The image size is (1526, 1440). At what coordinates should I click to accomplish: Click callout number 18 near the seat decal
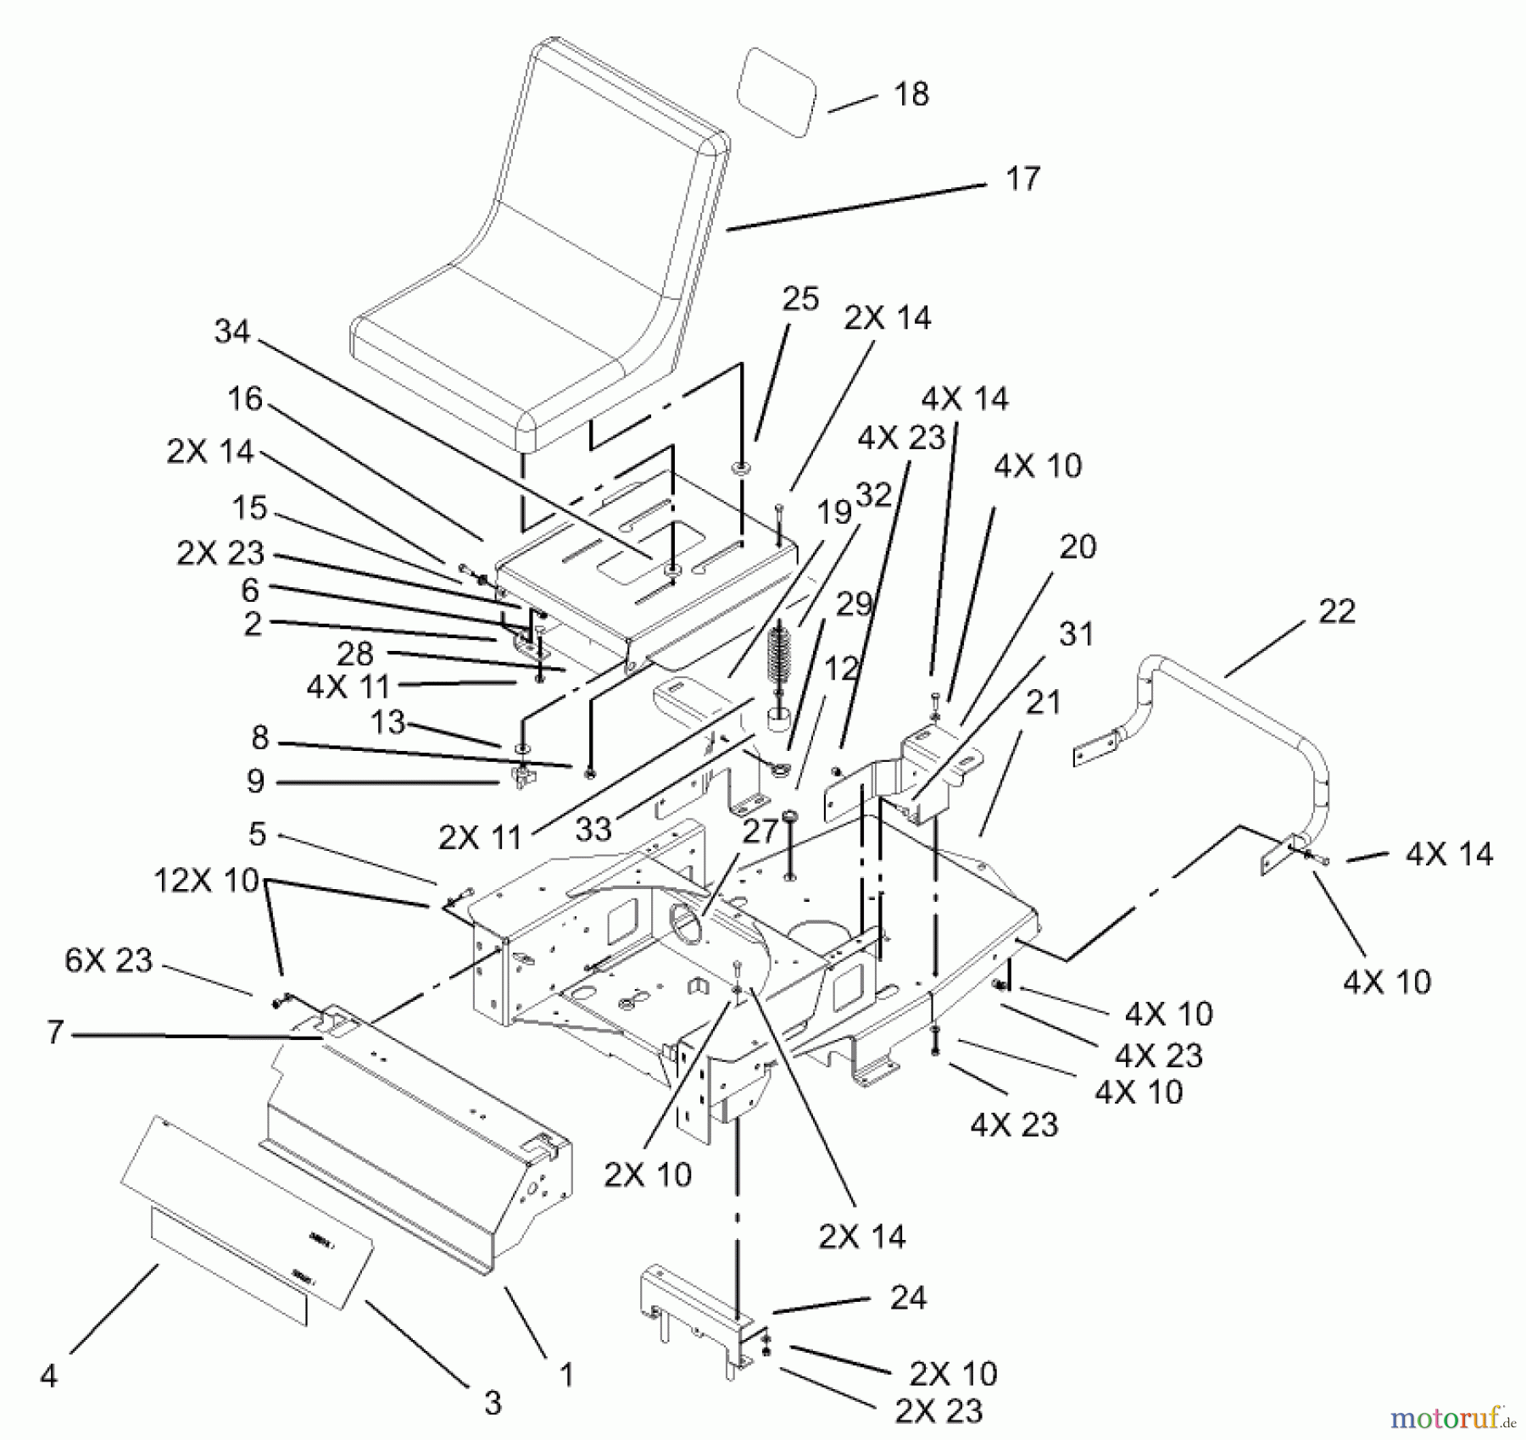pyautogui.click(x=911, y=94)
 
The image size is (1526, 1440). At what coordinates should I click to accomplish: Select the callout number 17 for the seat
pyautogui.click(x=1022, y=179)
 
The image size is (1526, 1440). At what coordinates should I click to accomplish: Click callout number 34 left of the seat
pyautogui.click(x=232, y=331)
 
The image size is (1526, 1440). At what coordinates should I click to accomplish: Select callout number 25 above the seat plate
pyautogui.click(x=800, y=299)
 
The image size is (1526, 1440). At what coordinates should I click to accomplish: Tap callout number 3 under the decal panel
pyautogui.click(x=493, y=1402)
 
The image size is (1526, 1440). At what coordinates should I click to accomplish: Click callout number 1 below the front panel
pyautogui.click(x=566, y=1374)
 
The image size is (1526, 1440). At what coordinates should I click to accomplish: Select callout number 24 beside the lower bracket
pyautogui.click(x=908, y=1298)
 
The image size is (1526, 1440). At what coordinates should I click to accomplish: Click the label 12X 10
pyautogui.click(x=206, y=881)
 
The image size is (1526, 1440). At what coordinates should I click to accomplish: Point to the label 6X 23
pyautogui.click(x=108, y=960)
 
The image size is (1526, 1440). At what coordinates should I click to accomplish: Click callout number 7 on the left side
pyautogui.click(x=55, y=1032)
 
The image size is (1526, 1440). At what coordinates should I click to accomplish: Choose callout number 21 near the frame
pyautogui.click(x=1043, y=703)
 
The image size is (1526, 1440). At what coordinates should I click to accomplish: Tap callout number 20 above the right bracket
pyautogui.click(x=1077, y=548)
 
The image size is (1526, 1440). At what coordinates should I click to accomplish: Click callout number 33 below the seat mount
pyautogui.click(x=593, y=829)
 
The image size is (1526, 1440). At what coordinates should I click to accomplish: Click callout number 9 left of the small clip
pyautogui.click(x=255, y=781)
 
